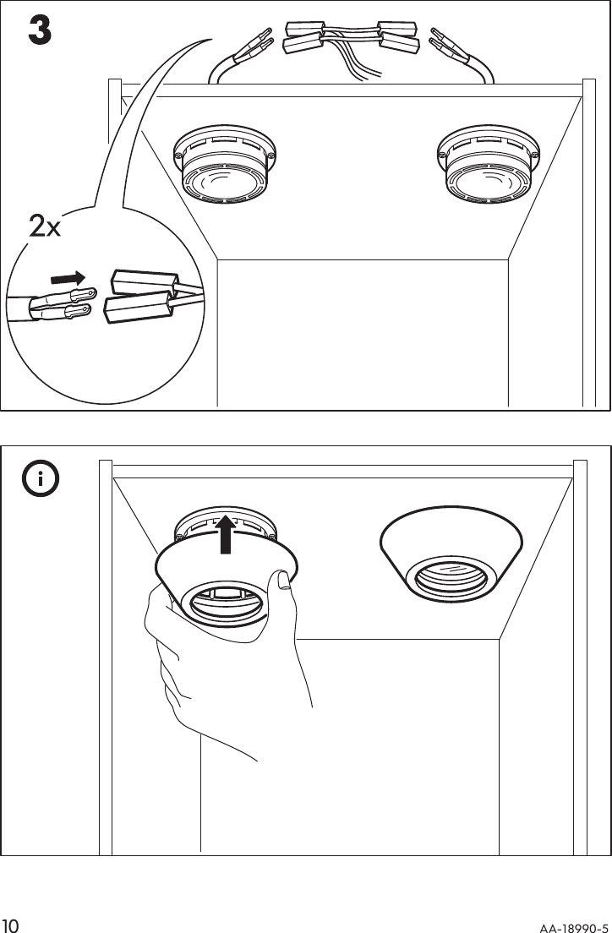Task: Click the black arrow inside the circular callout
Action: click(68, 278)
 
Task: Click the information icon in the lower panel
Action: click(40, 480)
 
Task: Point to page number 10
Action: click(11, 921)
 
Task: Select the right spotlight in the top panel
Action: click(486, 166)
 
